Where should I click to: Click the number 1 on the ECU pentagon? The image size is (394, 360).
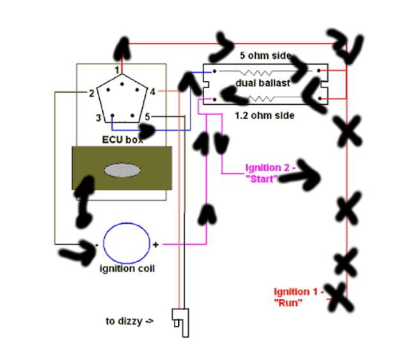(x=117, y=69)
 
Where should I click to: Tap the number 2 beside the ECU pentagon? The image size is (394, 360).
(x=91, y=93)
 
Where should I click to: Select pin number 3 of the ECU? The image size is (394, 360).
(x=98, y=117)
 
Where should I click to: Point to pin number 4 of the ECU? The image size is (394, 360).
(x=152, y=91)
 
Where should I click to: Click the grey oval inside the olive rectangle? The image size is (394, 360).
(x=122, y=170)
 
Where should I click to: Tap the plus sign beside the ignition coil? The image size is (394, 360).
(x=155, y=244)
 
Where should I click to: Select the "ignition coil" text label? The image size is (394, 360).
(x=127, y=268)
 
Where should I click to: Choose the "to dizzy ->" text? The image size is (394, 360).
(x=130, y=321)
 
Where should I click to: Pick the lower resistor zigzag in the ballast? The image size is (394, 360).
(x=262, y=98)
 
